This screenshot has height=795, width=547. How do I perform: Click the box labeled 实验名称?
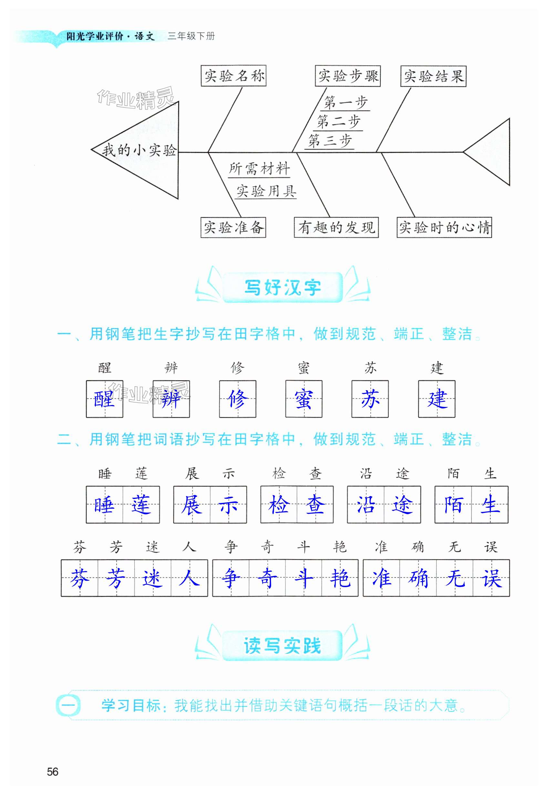click(233, 76)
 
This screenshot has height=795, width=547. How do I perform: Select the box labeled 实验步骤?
click(347, 76)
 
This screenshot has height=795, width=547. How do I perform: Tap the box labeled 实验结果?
click(433, 76)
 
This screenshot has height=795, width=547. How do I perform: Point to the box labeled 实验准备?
click(233, 227)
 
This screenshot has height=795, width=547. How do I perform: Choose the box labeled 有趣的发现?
click(336, 227)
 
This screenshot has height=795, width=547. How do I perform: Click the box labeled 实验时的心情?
click(444, 227)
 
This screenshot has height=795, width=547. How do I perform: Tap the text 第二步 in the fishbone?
click(338, 122)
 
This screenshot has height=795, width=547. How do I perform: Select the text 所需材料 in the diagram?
click(259, 169)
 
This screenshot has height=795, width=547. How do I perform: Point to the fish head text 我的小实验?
click(139, 150)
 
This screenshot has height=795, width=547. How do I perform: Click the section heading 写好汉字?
click(283, 287)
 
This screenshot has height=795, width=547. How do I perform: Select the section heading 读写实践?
click(283, 646)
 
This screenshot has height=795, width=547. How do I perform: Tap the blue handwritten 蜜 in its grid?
click(304, 399)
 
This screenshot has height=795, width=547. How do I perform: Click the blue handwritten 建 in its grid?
click(437, 399)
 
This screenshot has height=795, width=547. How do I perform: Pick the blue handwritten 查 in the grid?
click(315, 505)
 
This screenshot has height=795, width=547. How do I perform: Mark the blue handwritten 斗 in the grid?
click(304, 578)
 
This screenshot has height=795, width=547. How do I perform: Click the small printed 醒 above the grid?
click(105, 368)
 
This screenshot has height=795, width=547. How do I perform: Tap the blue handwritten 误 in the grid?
click(491, 578)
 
